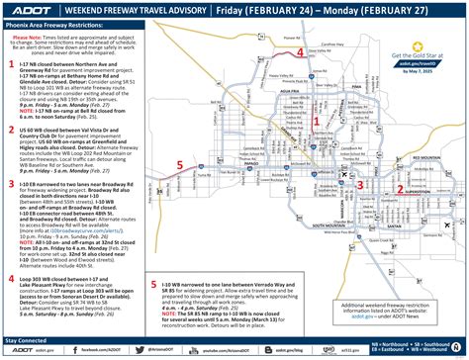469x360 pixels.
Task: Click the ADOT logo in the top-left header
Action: pyautogui.click(x=31, y=13)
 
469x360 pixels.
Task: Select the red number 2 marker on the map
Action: pyautogui.click(x=399, y=183)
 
